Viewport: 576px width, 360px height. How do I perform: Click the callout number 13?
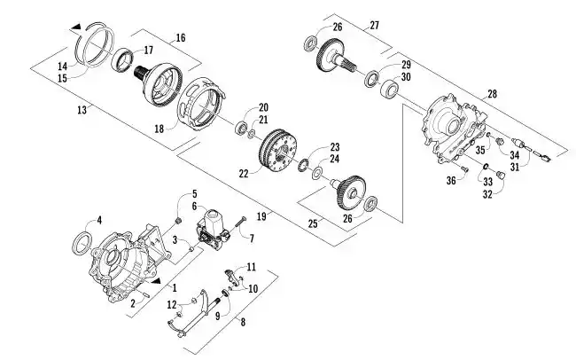point(82,110)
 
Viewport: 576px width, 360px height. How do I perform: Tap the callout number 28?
point(492,94)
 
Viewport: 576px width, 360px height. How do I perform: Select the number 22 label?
point(244,173)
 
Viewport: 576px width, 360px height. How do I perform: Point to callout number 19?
point(261,216)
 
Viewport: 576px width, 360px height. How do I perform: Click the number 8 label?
point(243,322)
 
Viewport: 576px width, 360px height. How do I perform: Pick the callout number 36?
point(451,181)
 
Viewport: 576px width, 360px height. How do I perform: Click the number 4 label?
point(99,220)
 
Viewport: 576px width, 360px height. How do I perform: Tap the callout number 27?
point(374,26)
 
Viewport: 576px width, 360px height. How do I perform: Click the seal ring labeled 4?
point(82,243)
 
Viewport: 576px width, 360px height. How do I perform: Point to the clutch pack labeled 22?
point(277,152)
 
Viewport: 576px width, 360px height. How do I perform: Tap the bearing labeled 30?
point(389,90)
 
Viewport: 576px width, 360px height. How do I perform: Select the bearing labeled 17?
point(122,60)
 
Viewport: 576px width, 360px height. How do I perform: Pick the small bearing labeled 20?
point(242,127)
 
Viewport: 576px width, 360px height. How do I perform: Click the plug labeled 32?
point(501,175)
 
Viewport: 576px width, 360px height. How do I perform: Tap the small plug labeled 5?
point(179,222)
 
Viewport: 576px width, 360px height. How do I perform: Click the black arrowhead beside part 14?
point(76,27)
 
